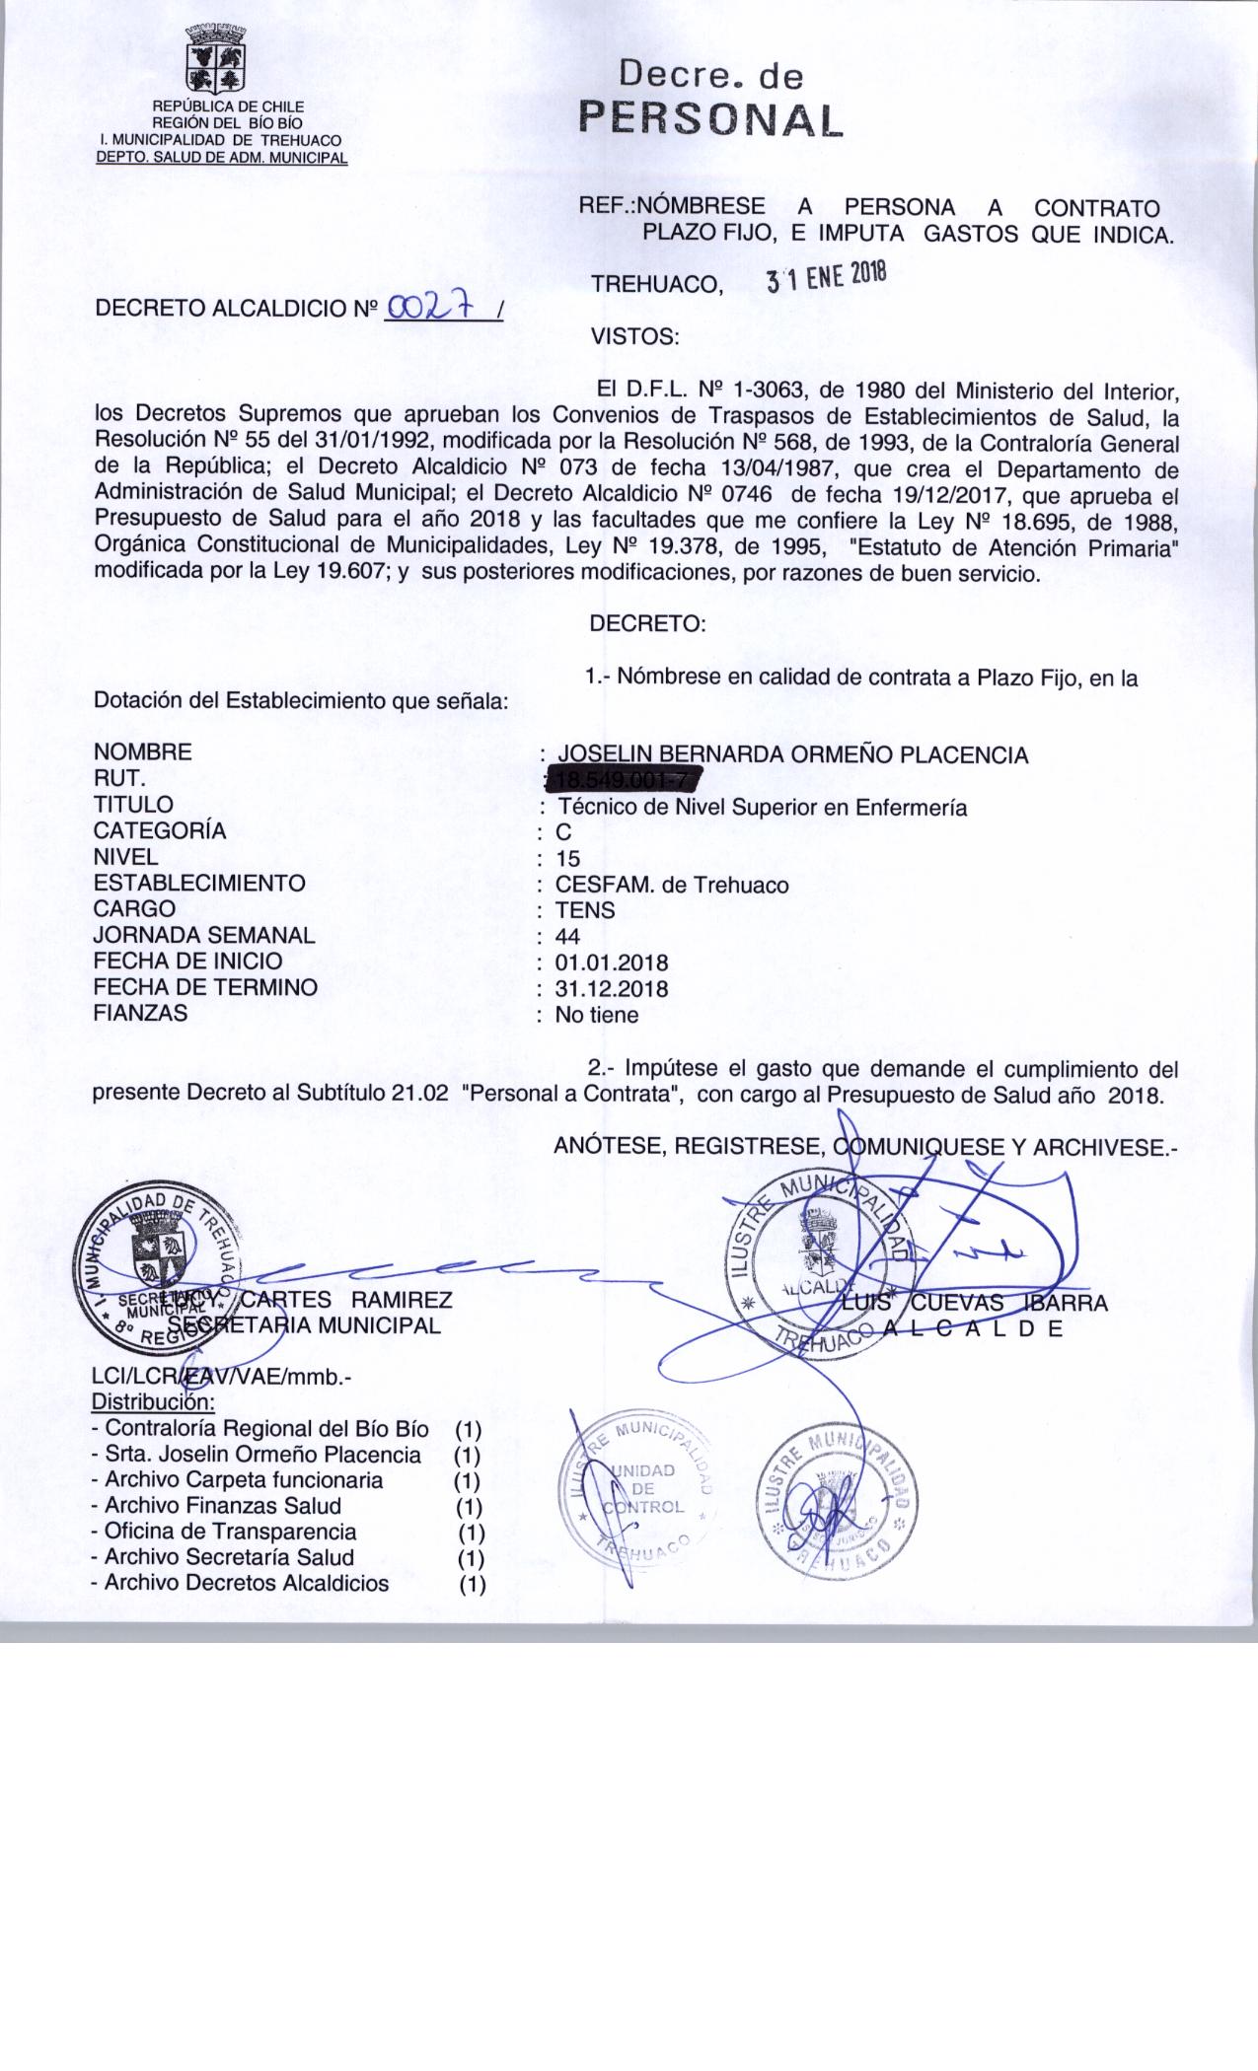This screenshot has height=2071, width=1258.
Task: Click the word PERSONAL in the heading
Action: click(710, 118)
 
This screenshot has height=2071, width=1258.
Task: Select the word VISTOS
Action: click(634, 336)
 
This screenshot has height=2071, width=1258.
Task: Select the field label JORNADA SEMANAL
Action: click(204, 935)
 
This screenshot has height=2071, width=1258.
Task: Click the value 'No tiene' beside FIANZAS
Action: click(596, 1015)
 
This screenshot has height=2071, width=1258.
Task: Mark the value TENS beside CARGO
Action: click(585, 910)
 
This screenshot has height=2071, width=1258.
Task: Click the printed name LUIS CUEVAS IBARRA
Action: click(977, 1303)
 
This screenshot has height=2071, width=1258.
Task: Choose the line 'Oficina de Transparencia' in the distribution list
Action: click(230, 1532)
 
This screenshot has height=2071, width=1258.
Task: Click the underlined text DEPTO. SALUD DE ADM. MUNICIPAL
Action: click(221, 157)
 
